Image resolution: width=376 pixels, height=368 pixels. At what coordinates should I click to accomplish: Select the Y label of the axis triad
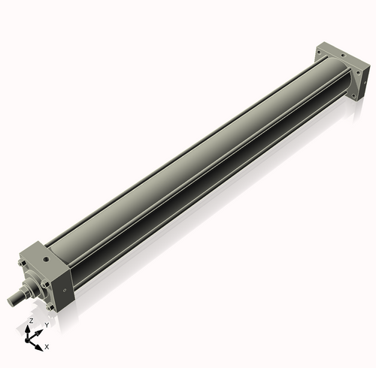46,324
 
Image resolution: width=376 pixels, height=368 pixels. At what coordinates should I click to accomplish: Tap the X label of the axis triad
47,347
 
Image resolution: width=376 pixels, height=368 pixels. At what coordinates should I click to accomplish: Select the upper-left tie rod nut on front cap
23,264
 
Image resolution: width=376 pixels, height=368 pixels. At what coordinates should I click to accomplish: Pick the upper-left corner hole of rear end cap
320,53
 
